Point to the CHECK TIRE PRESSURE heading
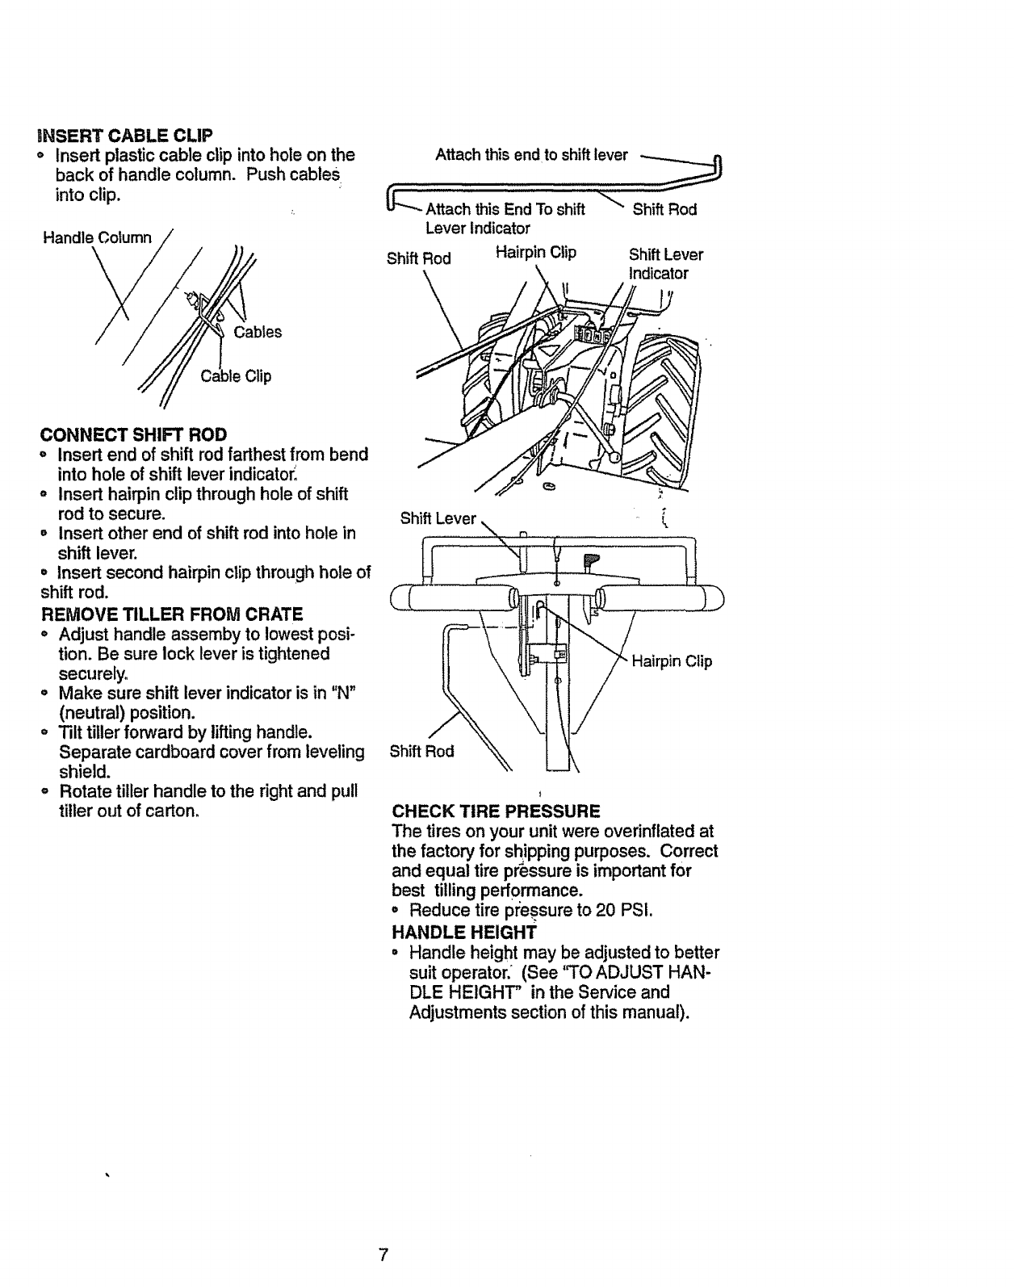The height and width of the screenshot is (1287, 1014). tap(496, 811)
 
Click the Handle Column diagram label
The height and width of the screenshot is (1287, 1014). tap(98, 237)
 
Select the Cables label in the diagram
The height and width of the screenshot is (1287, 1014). tap(258, 332)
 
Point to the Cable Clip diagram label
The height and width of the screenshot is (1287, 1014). tap(236, 376)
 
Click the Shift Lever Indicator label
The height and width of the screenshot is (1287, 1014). tap(665, 264)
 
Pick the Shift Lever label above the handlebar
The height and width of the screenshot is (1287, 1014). tap(438, 518)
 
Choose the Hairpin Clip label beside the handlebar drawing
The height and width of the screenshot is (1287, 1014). tap(672, 661)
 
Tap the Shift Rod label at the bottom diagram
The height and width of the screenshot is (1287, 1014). tap(421, 751)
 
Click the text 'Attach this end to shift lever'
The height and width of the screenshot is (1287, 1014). tap(531, 155)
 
